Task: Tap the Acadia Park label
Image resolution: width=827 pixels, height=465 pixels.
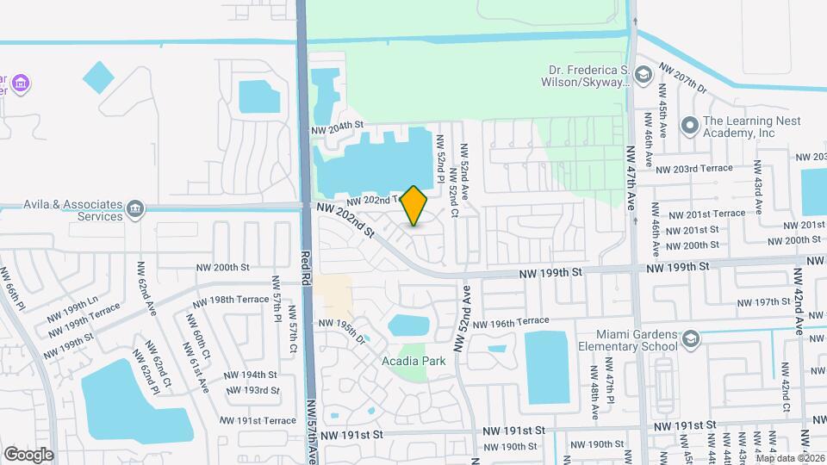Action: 413,361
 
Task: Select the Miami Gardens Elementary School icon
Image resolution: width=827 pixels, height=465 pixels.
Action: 689,341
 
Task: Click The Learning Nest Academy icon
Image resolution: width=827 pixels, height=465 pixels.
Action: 689,127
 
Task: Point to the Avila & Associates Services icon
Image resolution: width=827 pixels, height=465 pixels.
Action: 134,209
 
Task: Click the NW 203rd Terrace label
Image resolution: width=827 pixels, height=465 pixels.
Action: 693,168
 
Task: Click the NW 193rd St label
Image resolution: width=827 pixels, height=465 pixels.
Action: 250,390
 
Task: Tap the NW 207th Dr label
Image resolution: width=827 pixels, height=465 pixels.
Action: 681,77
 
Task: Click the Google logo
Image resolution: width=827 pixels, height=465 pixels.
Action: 28,454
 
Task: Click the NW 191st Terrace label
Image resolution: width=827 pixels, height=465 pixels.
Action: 258,420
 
